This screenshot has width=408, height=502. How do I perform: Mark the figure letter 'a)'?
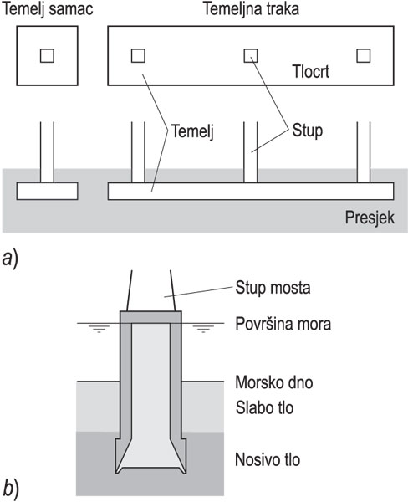click(12, 259)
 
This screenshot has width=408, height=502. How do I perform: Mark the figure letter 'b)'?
click(12, 486)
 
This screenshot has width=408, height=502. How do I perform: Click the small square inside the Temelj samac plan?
click(48, 56)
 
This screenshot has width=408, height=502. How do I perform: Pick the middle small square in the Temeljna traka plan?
click(251, 55)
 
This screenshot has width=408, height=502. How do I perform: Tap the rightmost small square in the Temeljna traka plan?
click(363, 55)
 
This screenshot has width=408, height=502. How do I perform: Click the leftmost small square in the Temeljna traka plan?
click(139, 55)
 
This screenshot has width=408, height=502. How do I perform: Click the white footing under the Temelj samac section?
click(47, 191)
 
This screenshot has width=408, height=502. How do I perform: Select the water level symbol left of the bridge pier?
click(99, 328)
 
